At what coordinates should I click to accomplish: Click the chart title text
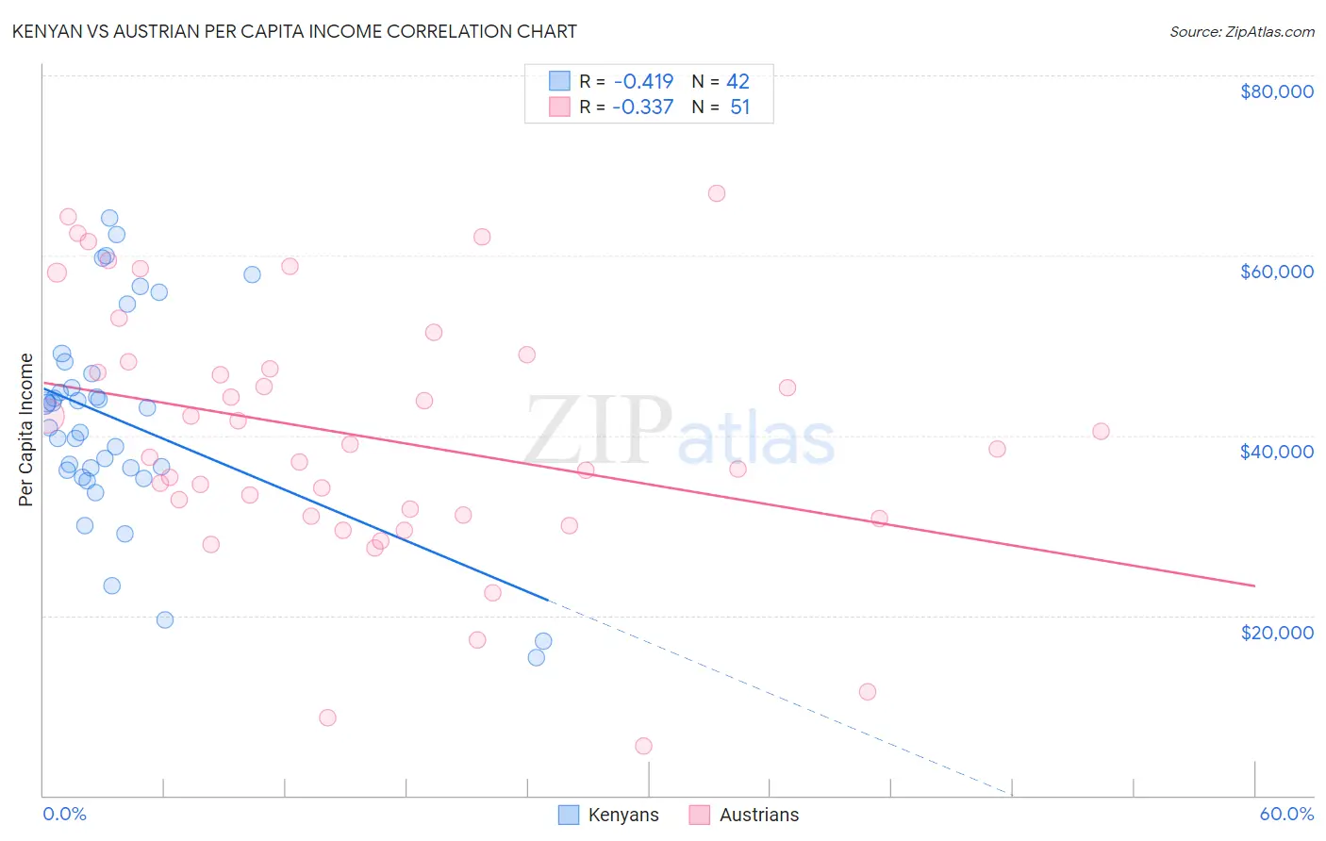click(x=294, y=31)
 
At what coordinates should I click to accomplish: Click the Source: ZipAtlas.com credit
click(x=1241, y=32)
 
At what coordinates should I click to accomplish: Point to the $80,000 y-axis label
click(x=1276, y=91)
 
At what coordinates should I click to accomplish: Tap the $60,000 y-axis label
click(x=1276, y=272)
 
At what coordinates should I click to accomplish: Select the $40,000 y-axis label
click(x=1276, y=452)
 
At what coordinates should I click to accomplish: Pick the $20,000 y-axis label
click(x=1276, y=632)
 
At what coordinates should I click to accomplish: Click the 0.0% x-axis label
click(x=64, y=814)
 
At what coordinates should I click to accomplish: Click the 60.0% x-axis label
click(x=1285, y=814)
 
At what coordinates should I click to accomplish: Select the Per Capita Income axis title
click(x=26, y=429)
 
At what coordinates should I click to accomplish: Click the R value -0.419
click(x=643, y=82)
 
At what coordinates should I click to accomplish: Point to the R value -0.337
click(x=643, y=107)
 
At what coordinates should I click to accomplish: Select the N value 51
click(x=739, y=107)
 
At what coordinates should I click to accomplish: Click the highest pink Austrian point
click(x=717, y=193)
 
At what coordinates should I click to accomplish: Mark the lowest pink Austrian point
click(x=643, y=746)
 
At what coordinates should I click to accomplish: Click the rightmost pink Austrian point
click(x=1101, y=432)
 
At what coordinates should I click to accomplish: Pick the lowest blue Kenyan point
click(x=537, y=657)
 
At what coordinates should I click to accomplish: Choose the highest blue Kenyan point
click(x=109, y=218)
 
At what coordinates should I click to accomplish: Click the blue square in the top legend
click(x=560, y=81)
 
